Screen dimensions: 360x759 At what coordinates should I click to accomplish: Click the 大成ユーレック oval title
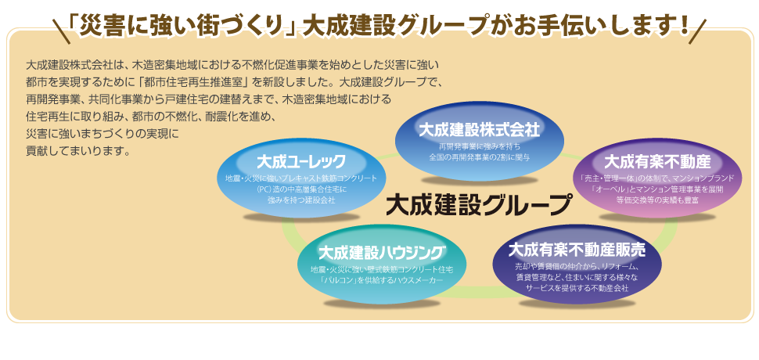pos(301,162)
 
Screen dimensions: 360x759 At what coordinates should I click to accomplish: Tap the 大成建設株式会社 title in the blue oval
pos(479,128)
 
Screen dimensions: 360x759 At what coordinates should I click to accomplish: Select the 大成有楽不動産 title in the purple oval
pos(657,162)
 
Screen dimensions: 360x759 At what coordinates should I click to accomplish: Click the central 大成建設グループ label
pos(480,205)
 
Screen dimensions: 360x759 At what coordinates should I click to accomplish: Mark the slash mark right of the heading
pos(700,27)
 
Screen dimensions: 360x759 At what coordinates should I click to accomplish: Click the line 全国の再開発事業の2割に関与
pos(479,157)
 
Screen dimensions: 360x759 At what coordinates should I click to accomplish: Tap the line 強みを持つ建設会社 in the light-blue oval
pos(301,200)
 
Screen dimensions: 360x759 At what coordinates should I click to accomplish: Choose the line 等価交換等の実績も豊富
pos(657,200)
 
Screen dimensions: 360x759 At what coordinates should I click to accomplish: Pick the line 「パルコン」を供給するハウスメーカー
pos(383,280)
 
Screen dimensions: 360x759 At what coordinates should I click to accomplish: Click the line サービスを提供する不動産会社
pos(577,287)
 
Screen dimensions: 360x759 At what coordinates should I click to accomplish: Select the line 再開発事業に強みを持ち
pos(479,146)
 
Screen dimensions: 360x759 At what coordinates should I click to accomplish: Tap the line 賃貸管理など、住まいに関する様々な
pos(577,277)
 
